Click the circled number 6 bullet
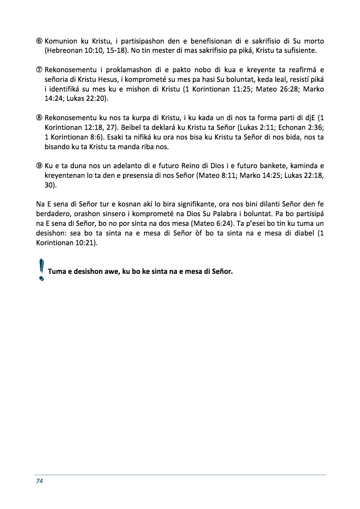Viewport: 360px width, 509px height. tap(40, 42)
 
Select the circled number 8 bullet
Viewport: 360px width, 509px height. tap(40, 118)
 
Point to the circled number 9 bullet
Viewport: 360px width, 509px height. tap(40, 166)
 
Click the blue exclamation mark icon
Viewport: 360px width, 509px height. tap(41, 270)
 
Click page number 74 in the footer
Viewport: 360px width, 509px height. tap(40, 481)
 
